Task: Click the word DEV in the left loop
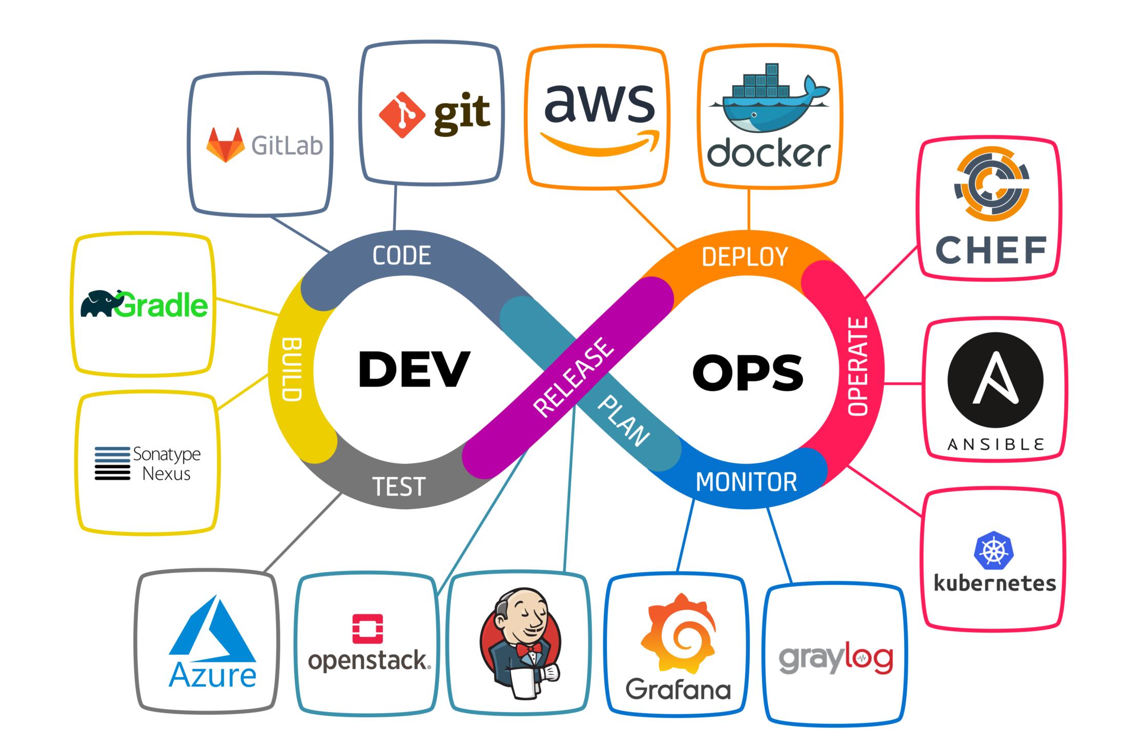[414, 369]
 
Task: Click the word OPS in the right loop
[748, 372]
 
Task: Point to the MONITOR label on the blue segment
[746, 482]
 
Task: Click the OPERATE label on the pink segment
[857, 366]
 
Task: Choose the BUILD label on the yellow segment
[292, 369]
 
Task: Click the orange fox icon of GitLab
[225, 145]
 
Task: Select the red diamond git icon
[402, 114]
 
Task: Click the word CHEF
[990, 250]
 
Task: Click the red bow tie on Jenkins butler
[528, 650]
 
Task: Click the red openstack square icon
[367, 629]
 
